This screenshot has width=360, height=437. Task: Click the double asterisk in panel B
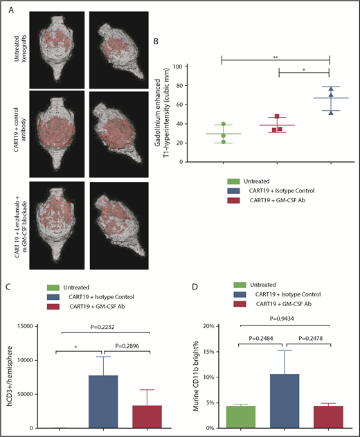(x=276, y=53)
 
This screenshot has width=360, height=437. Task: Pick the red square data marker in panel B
(x=277, y=117)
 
